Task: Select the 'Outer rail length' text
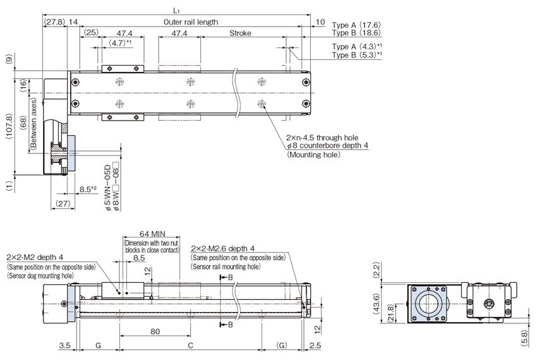point(191,21)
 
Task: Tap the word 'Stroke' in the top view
point(240,33)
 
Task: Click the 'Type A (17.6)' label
point(356,25)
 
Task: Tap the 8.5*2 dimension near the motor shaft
point(88,189)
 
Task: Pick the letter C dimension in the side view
point(190,346)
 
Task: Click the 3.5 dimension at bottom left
point(64,346)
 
